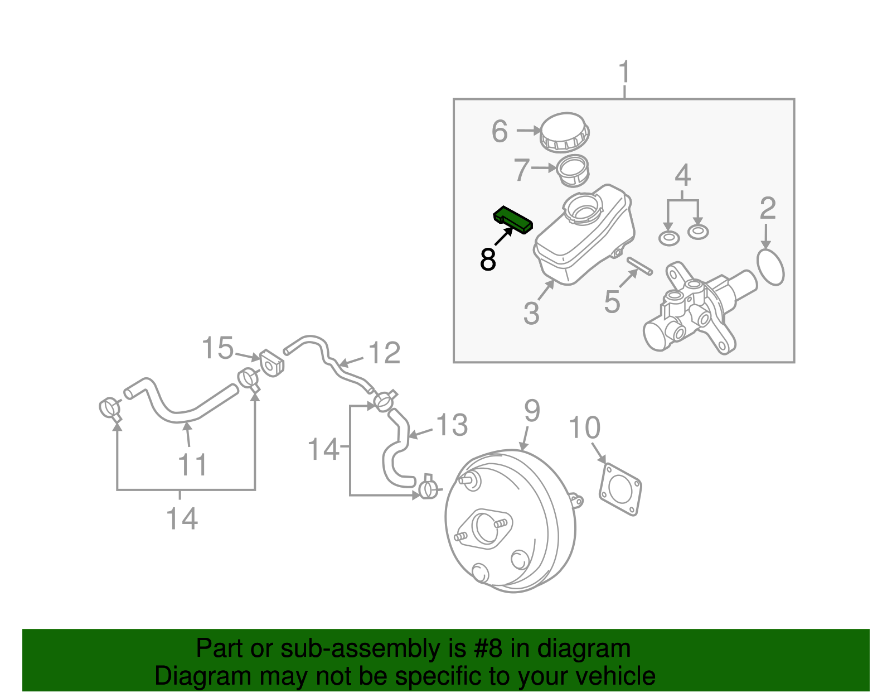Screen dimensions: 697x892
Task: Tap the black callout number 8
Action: tap(488, 260)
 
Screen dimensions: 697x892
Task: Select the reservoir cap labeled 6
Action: tap(564, 132)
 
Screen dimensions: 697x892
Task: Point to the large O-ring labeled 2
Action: tap(771, 267)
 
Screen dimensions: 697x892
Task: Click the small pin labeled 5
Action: tap(639, 266)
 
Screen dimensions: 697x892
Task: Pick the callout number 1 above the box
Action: tap(624, 73)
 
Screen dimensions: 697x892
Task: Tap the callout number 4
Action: tap(682, 175)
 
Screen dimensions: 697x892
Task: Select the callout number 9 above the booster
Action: tap(532, 411)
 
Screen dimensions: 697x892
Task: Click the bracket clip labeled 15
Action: tap(272, 363)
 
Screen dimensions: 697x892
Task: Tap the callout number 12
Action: tap(384, 353)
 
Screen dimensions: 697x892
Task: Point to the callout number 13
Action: tap(451, 425)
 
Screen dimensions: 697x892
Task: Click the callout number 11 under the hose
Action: tap(192, 465)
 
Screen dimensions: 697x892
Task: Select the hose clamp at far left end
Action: tap(110, 408)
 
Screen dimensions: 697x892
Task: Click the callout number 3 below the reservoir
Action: tap(531, 313)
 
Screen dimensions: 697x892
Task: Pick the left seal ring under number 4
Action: tap(669, 238)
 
